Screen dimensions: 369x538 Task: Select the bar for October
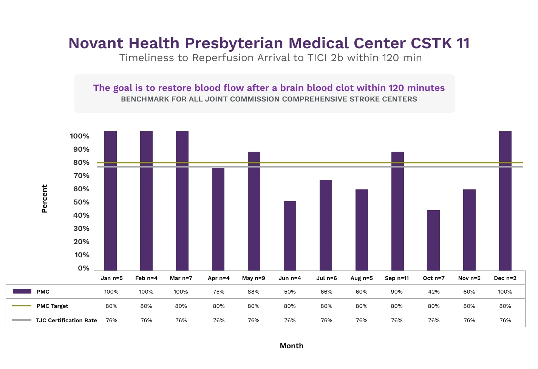(x=433, y=240)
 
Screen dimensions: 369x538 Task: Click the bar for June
(x=290, y=235)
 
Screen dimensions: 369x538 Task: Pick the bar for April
(x=218, y=219)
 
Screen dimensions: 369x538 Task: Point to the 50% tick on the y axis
(x=81, y=202)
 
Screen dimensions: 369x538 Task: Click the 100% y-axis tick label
(x=80, y=136)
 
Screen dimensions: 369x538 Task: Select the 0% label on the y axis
(x=83, y=268)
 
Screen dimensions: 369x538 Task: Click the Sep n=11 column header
(x=397, y=278)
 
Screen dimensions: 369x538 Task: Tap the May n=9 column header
(x=254, y=278)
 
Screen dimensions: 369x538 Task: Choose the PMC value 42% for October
(x=434, y=292)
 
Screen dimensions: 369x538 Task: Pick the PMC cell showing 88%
(x=254, y=292)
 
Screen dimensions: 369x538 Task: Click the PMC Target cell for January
(x=111, y=306)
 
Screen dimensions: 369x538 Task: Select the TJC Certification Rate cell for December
(x=505, y=320)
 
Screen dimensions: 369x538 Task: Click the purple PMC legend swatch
(x=22, y=291)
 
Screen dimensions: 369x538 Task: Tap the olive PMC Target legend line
(x=22, y=306)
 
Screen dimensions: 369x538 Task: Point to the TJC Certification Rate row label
(x=66, y=320)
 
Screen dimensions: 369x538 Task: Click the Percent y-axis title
(x=45, y=198)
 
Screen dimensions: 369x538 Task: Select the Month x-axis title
(x=291, y=346)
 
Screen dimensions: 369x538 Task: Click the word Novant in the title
(x=96, y=43)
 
